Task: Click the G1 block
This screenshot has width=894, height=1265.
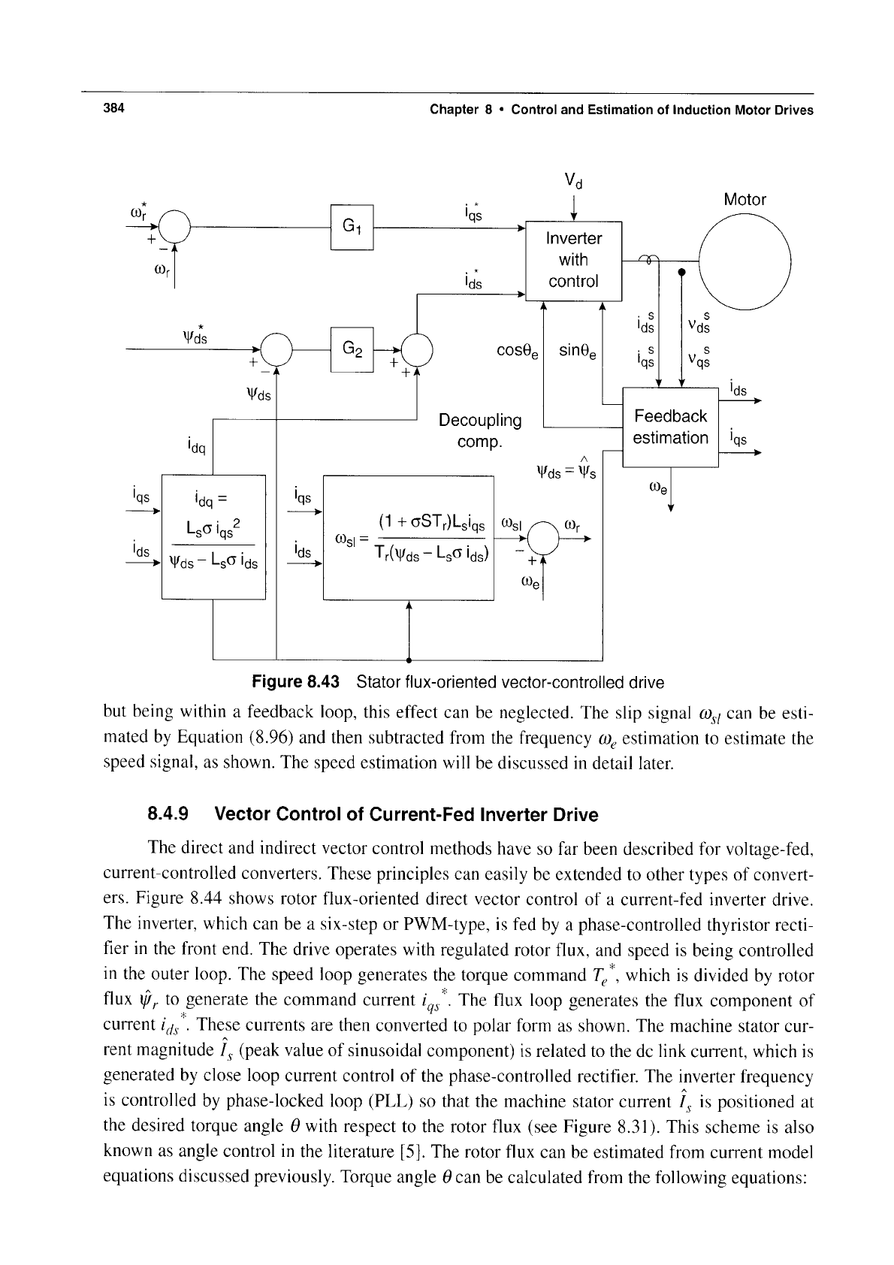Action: tap(352, 227)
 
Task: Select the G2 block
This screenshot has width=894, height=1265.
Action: tap(352, 349)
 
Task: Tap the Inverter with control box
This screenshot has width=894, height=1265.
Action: tap(573, 261)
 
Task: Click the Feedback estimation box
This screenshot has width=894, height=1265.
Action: tap(670, 427)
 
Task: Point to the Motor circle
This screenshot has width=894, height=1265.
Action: tap(745, 261)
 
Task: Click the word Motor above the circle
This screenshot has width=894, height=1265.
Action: tap(745, 199)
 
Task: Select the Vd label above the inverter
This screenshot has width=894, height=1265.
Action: tap(573, 181)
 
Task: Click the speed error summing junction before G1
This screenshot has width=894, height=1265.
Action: tap(175, 226)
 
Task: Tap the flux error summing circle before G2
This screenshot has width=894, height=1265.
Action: tap(276, 350)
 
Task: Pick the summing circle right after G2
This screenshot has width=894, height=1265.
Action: tap(417, 350)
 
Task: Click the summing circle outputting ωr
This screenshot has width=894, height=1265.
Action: tap(542, 539)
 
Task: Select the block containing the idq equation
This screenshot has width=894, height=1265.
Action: tap(213, 537)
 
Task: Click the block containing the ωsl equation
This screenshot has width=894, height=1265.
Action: tap(409, 538)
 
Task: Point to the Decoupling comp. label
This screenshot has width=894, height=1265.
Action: tap(480, 430)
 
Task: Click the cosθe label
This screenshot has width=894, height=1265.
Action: tap(518, 352)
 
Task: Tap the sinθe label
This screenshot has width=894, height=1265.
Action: tap(578, 352)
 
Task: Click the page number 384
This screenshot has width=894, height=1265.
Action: tap(113, 108)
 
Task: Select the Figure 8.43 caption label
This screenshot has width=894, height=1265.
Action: tap(295, 682)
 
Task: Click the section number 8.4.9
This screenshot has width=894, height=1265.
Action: tap(168, 814)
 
